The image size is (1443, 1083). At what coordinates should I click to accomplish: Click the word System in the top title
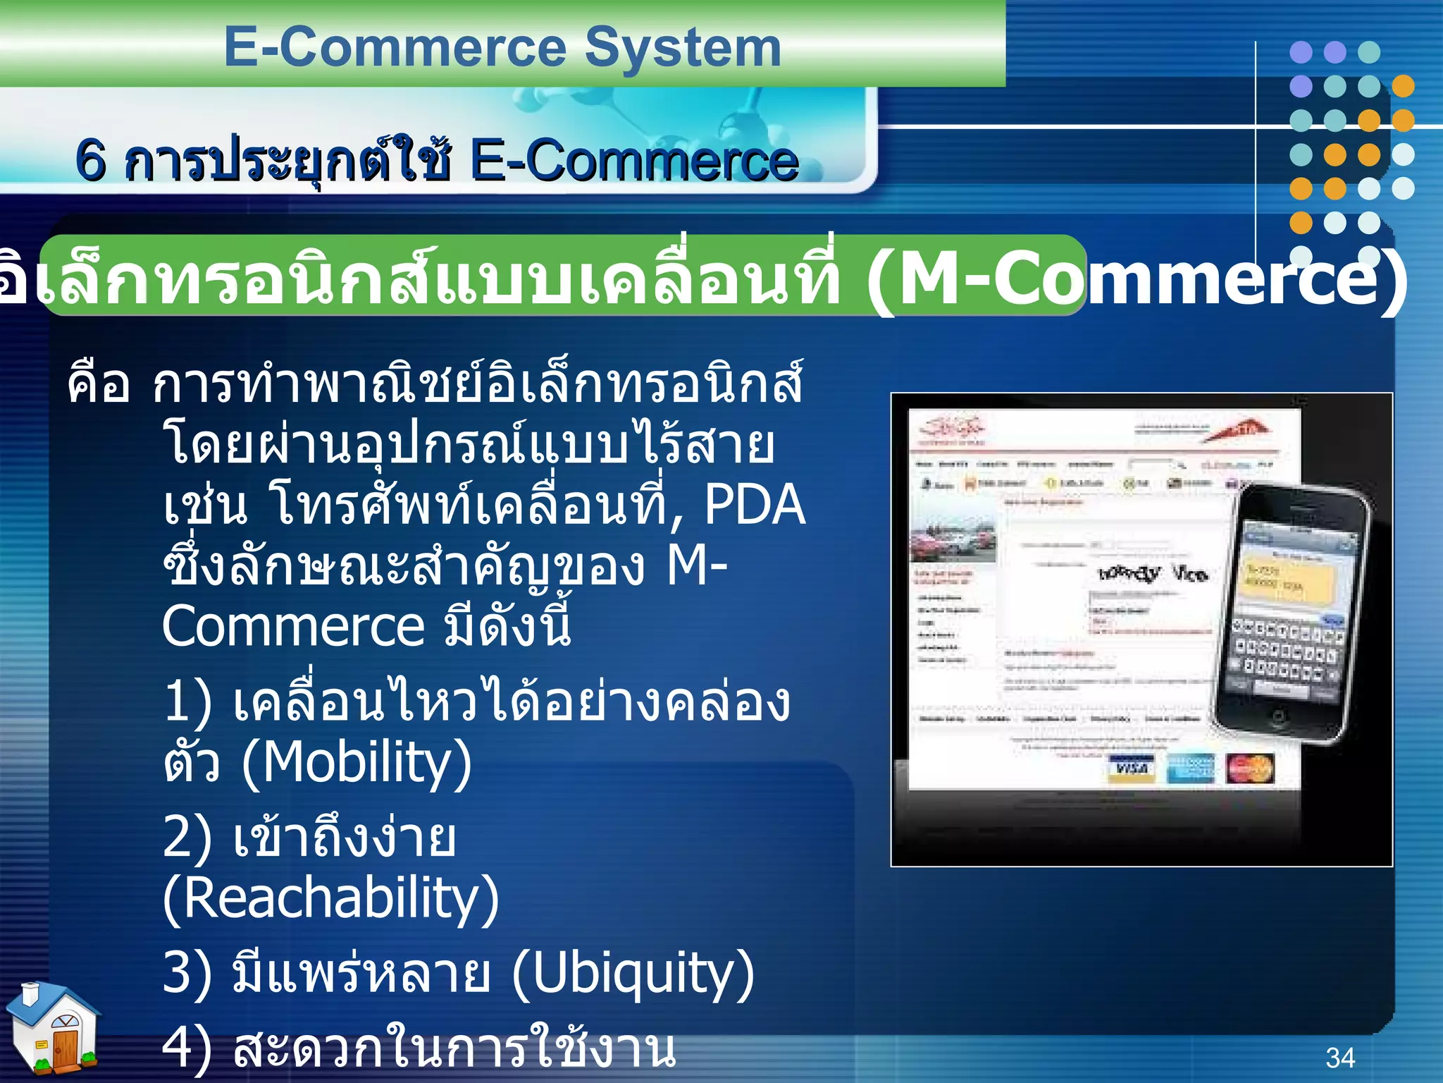coord(683,48)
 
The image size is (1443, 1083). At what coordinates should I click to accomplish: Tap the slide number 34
coord(1339,1058)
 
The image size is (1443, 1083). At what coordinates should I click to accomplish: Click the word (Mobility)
coord(356,763)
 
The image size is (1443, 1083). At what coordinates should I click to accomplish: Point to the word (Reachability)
coord(330,898)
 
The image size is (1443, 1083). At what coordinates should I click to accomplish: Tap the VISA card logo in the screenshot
coord(1132,768)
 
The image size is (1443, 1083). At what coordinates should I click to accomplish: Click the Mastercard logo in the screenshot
coord(1249,768)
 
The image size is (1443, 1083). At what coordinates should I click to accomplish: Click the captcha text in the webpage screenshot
coord(1152,573)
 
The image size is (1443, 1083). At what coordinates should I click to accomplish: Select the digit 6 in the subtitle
coord(91,161)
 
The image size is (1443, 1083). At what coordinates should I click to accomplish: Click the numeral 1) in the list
coord(187,702)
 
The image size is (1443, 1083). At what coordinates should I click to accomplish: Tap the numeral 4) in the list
coord(187,1048)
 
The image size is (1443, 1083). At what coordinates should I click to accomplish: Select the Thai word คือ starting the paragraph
coord(99,384)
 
